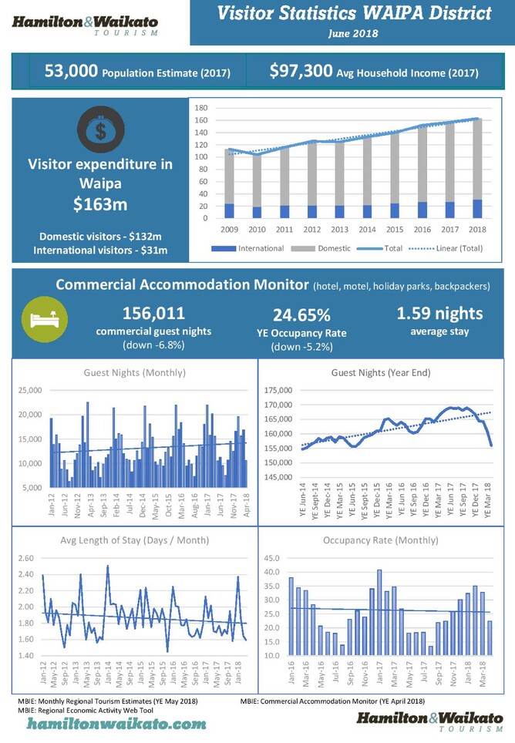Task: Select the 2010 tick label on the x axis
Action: (257, 230)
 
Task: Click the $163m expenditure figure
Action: (100, 205)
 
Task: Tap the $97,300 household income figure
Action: (301, 72)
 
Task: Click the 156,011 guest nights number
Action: (153, 314)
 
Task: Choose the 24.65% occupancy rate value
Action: (301, 316)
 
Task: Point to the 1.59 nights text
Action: (439, 314)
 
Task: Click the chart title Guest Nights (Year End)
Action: (381, 373)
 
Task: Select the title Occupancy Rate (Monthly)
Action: (381, 540)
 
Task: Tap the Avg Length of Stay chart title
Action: (134, 540)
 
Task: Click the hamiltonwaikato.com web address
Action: (117, 724)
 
